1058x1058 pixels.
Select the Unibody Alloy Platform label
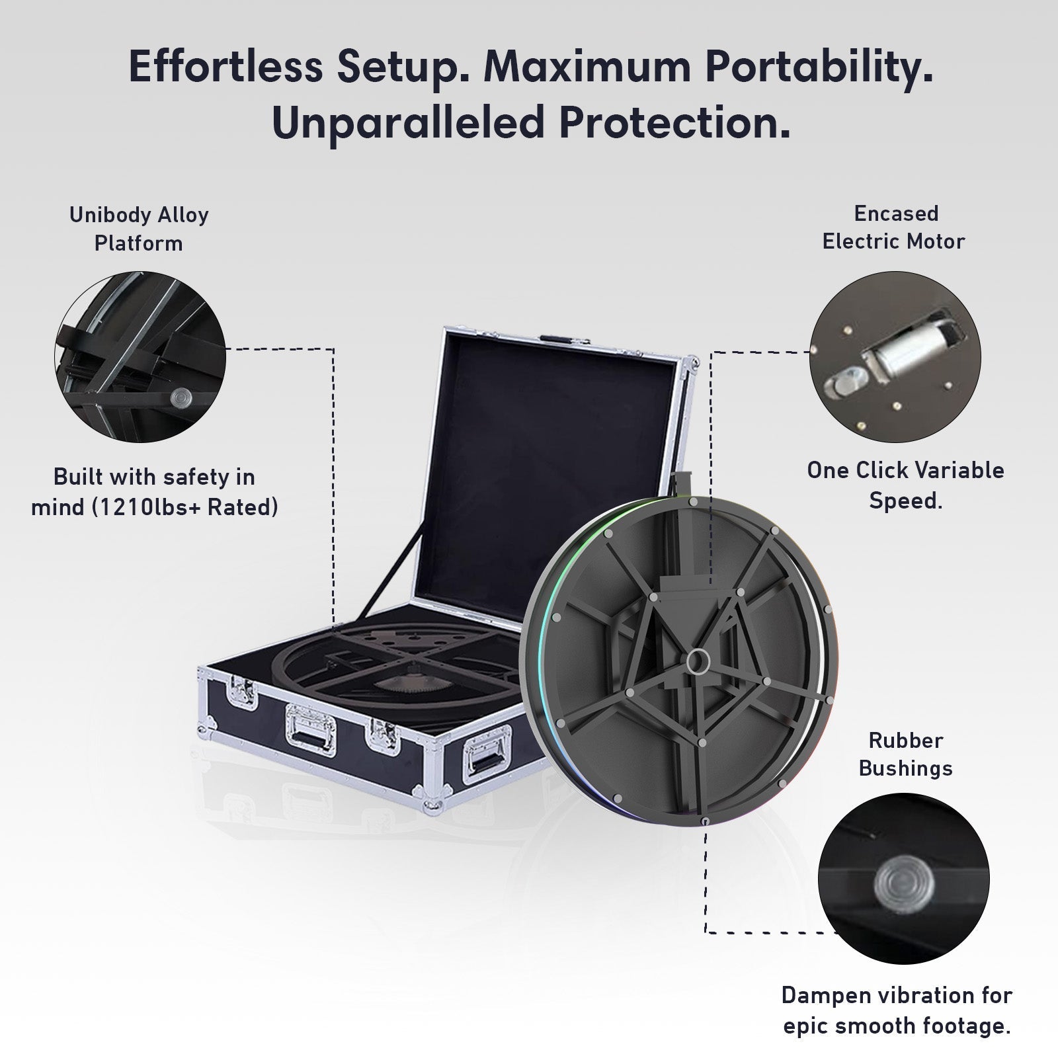point(139,229)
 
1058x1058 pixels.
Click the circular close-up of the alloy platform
point(140,357)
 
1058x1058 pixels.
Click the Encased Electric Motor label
point(893,227)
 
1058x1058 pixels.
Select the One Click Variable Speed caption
point(905,485)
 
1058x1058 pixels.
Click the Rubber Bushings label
point(905,754)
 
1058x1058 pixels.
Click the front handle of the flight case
point(310,729)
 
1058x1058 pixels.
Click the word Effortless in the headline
point(225,66)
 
